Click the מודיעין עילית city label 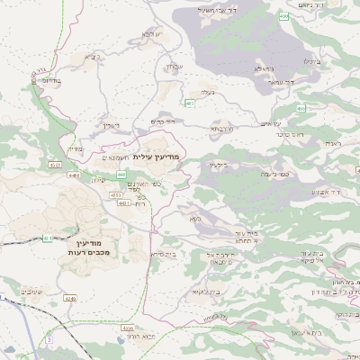coord(156,157)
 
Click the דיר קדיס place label coord(162,121)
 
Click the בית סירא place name coord(162,255)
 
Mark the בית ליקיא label coord(206,292)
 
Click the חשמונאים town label coord(106,157)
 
